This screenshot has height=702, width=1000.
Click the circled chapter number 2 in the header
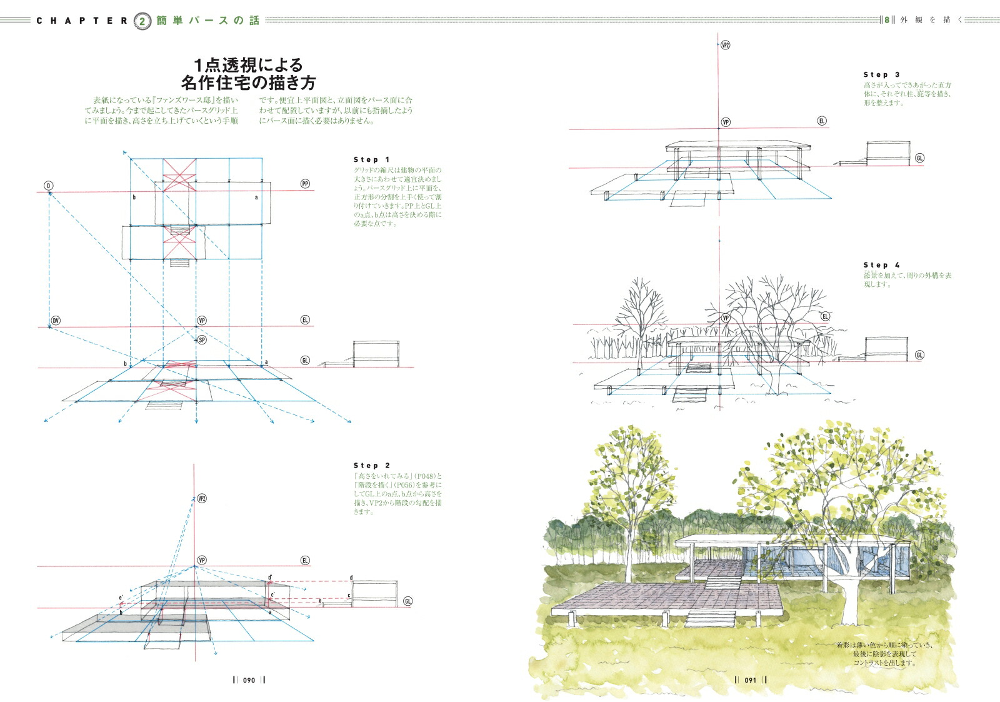coord(142,21)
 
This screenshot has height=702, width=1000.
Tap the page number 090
coord(249,680)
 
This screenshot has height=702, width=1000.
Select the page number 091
coord(751,680)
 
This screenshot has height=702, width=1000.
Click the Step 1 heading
coord(371,160)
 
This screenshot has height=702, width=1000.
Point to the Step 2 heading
coord(371,466)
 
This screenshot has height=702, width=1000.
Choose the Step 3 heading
coord(881,75)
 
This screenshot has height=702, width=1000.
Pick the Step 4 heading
coord(881,266)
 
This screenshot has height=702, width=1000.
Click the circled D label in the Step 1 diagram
coord(48,186)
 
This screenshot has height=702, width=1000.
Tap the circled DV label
coord(56,321)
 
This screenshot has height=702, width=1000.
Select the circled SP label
coord(201,340)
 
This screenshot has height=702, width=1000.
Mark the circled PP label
coord(305,184)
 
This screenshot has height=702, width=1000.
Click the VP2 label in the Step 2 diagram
coord(201,499)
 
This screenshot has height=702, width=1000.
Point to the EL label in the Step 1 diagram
coord(305,320)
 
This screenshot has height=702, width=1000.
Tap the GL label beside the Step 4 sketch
coord(919,355)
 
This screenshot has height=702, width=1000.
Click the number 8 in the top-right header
coord(886,20)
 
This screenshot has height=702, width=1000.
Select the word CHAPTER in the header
coord(82,21)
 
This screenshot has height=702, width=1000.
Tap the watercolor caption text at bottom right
coord(884,654)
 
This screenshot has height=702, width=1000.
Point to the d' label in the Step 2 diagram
coord(270,578)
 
